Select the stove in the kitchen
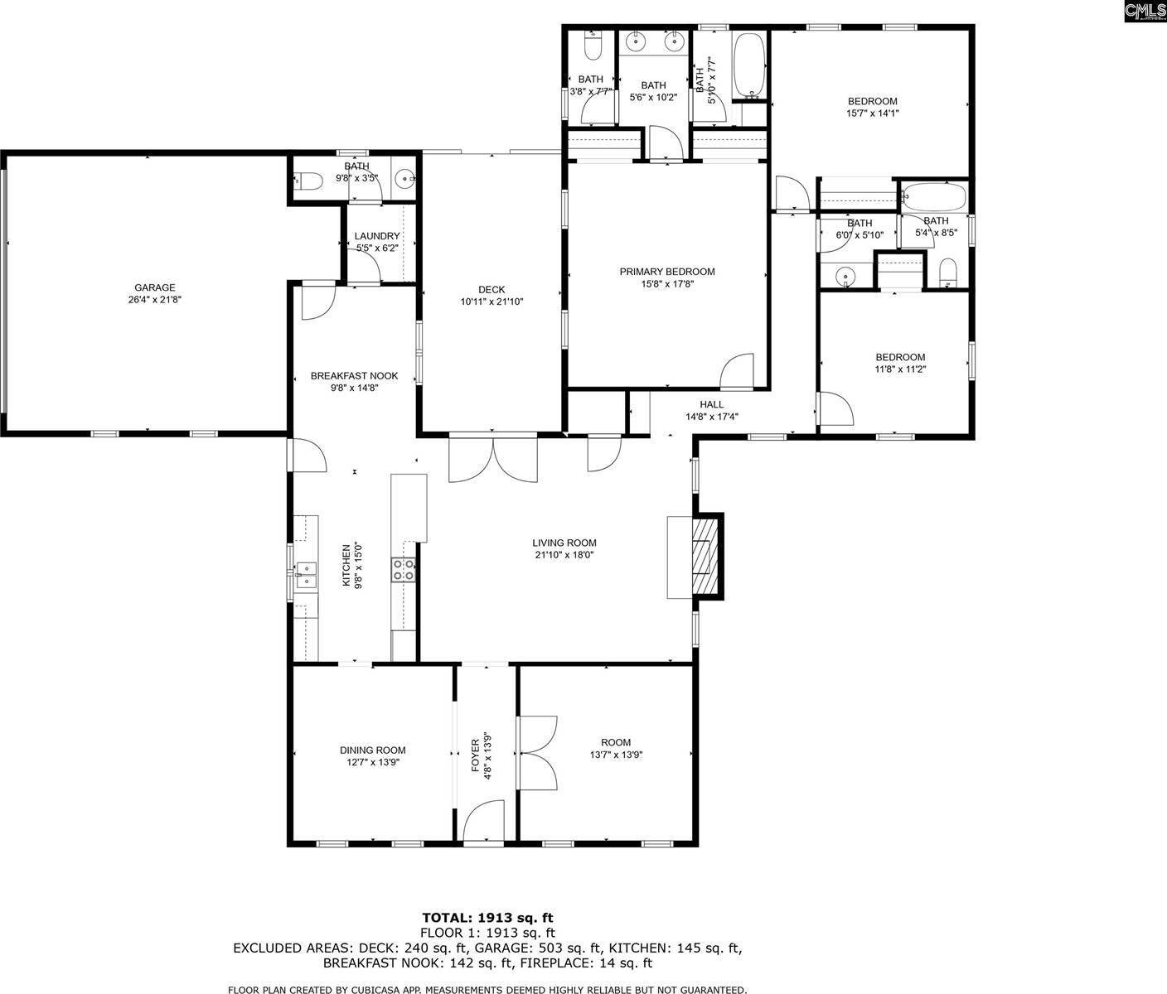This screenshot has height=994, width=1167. tap(404, 570)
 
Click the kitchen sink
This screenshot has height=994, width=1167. tap(305, 570)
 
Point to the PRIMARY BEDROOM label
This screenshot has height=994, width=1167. tap(666, 272)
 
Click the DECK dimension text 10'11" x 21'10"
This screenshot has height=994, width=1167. tap(491, 302)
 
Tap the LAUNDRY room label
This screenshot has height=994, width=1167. tap(377, 236)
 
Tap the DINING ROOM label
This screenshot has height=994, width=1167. tap(372, 750)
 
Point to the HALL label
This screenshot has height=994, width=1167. tap(711, 405)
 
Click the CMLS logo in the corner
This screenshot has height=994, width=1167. tap(1145, 11)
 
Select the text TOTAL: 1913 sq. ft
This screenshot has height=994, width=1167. tap(487, 917)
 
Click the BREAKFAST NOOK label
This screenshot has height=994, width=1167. tap(354, 375)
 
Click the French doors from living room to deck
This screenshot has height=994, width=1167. tap(492, 459)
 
